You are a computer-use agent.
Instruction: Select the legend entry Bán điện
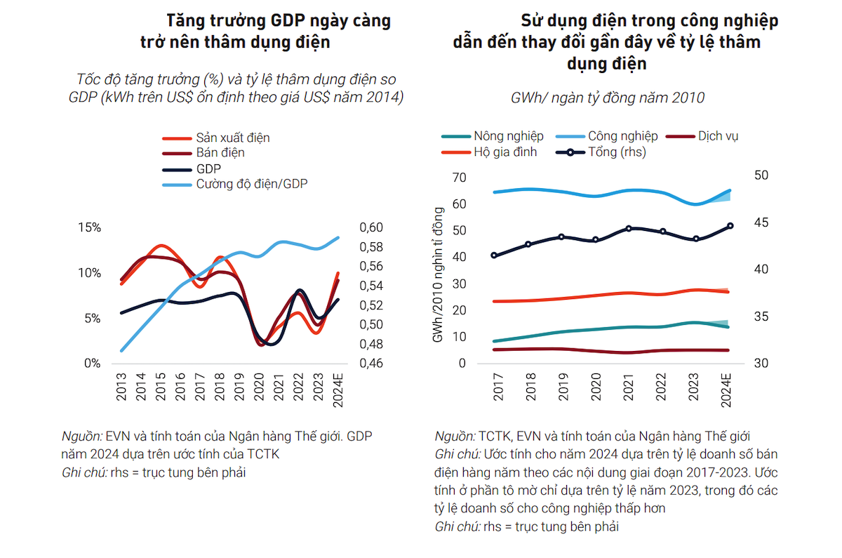220,153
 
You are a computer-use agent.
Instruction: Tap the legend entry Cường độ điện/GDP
252,184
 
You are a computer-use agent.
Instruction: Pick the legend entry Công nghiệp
622,136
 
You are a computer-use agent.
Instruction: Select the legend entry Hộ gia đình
505,152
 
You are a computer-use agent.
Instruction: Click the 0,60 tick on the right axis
371,228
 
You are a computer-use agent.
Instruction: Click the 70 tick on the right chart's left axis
460,178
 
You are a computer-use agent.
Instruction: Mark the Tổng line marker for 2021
629,229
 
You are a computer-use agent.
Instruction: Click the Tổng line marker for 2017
495,255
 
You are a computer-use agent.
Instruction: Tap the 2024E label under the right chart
728,390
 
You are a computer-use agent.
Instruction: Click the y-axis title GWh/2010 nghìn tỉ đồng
438,275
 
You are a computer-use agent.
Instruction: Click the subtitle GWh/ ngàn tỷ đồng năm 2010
607,98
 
